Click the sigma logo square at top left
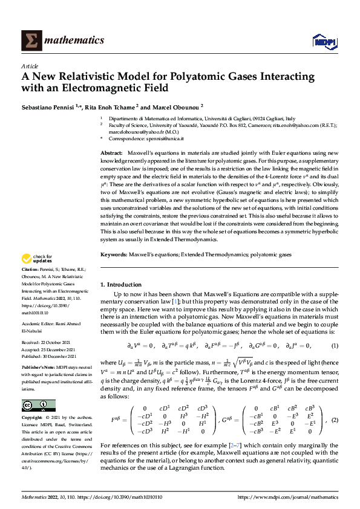[30, 40]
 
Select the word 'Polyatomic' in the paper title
[191, 77]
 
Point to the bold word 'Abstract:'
[111, 154]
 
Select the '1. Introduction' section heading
[120, 284]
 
